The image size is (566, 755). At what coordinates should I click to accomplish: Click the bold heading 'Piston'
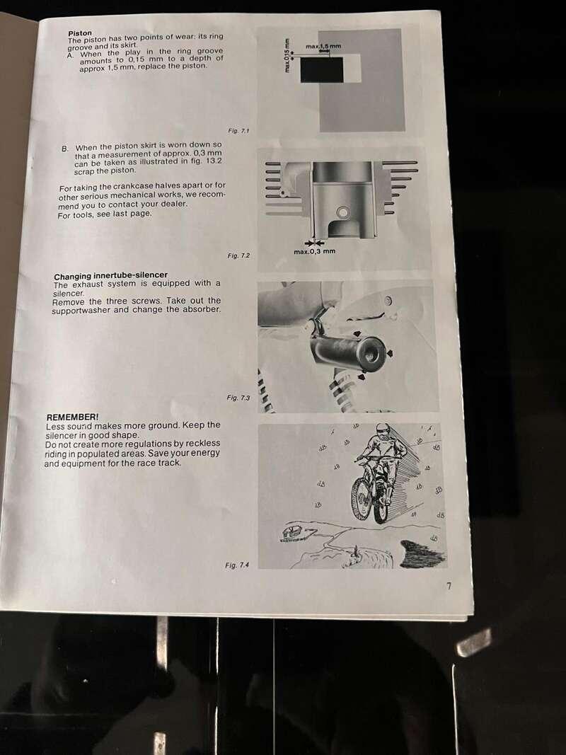tap(80, 33)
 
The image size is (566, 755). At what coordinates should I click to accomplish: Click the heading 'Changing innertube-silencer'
tap(110, 276)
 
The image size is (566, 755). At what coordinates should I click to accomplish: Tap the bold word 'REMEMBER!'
tap(72, 417)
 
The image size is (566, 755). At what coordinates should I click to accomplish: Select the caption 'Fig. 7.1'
tap(238, 130)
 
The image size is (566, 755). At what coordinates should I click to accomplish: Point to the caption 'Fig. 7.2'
tap(238, 255)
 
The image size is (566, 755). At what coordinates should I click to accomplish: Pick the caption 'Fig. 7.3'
tap(238, 397)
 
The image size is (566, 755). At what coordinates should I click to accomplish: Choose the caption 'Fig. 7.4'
tap(237, 565)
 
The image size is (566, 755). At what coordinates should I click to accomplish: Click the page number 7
tap(449, 586)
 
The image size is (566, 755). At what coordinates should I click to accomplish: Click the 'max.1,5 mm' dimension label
tap(323, 46)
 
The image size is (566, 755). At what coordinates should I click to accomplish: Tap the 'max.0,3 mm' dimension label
tap(315, 251)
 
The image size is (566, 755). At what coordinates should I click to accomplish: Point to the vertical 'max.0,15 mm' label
tap(287, 55)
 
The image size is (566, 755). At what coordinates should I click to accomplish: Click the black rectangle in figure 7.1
tap(322, 70)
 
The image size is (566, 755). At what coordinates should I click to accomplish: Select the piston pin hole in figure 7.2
tap(342, 212)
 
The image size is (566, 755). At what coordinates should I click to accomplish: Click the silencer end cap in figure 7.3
tap(373, 355)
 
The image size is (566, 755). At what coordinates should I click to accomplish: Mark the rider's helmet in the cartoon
tap(383, 430)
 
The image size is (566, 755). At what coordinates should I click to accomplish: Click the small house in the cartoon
tap(291, 533)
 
